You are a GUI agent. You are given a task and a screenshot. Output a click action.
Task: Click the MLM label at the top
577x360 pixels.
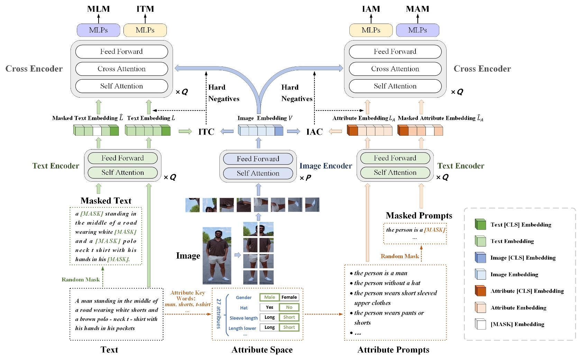(x=98, y=9)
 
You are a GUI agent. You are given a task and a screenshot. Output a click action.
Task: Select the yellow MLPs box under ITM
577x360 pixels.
(x=145, y=30)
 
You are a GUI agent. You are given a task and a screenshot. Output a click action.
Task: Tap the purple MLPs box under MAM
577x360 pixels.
(x=418, y=30)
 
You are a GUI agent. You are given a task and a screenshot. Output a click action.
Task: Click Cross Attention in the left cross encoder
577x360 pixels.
(x=121, y=69)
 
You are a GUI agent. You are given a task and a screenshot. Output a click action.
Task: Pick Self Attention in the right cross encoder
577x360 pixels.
(x=395, y=86)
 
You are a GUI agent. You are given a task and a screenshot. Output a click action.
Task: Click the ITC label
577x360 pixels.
(x=206, y=132)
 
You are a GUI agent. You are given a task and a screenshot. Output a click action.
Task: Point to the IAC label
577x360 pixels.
(x=314, y=132)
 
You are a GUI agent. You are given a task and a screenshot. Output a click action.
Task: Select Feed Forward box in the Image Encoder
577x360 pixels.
(x=258, y=159)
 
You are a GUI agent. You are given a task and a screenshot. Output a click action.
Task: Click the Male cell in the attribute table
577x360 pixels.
(x=269, y=297)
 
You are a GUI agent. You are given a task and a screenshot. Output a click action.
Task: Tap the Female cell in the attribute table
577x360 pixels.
(x=289, y=297)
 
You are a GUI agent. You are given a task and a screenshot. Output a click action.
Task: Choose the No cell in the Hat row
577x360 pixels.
(x=289, y=307)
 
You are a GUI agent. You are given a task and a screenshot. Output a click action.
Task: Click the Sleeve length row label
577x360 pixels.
(x=244, y=318)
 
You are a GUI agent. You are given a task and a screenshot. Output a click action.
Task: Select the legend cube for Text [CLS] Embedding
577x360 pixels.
(x=480, y=225)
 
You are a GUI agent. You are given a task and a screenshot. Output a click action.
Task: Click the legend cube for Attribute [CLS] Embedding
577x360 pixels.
(x=480, y=291)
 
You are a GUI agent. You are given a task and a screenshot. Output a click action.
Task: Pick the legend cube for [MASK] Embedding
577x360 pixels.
(x=480, y=324)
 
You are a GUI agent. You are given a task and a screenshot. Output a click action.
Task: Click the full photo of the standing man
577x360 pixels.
(x=217, y=255)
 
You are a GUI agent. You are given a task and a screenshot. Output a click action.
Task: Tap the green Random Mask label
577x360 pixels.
(x=81, y=280)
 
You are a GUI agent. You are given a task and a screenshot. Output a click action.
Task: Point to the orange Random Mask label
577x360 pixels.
(x=400, y=256)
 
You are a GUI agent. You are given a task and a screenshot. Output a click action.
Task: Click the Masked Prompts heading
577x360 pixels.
(x=419, y=216)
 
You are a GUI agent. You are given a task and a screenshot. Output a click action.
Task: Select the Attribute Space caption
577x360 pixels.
(x=262, y=350)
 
